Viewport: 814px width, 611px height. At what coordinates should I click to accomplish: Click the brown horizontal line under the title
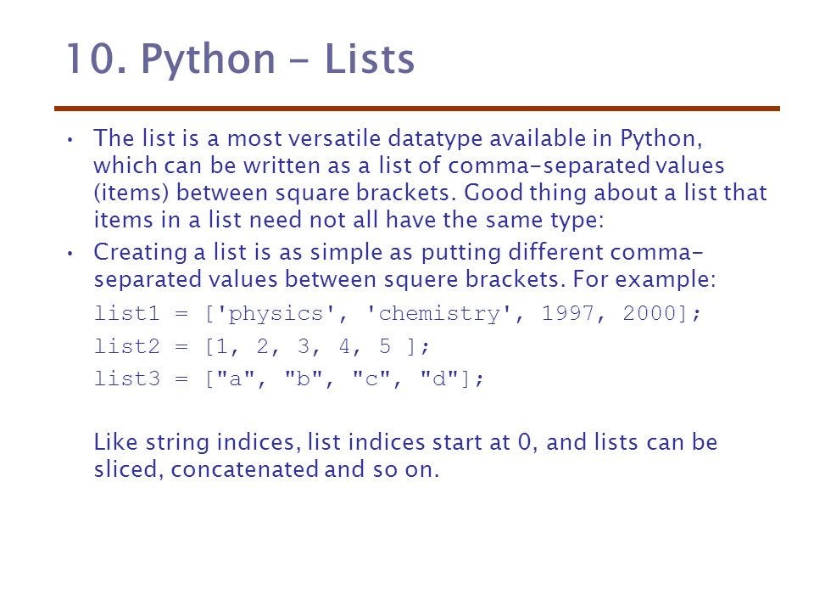(416, 109)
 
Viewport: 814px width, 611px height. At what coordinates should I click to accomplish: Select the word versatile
(330, 137)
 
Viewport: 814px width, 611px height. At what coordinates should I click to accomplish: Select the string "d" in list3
(439, 380)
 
